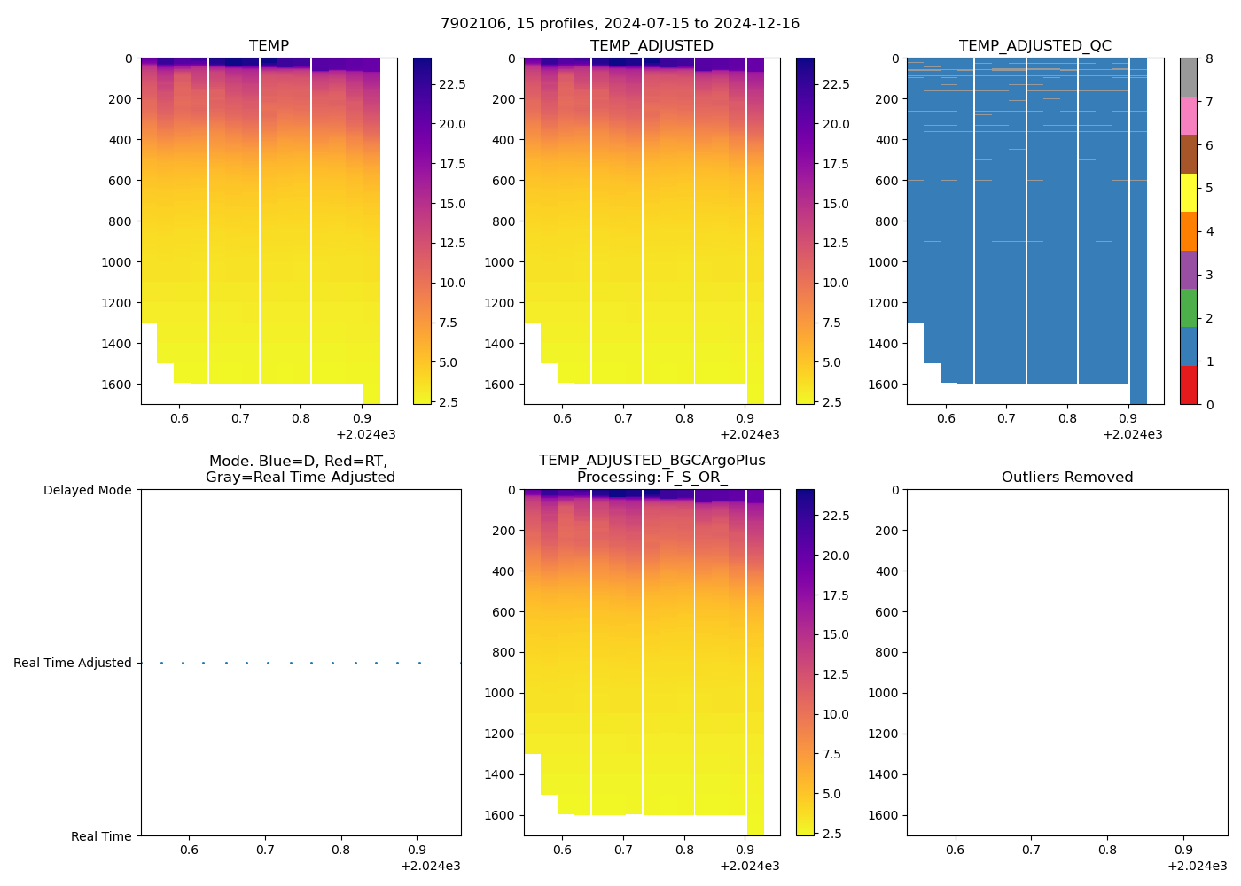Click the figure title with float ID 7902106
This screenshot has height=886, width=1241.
pyautogui.click(x=620, y=24)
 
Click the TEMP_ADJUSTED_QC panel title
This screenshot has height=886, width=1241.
pyautogui.click(x=1034, y=46)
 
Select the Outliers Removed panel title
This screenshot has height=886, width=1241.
pyautogui.click(x=1066, y=478)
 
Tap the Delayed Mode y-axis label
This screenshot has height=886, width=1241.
pyautogui.click(x=87, y=490)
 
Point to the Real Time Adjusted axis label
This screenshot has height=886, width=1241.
pyautogui.click(x=72, y=663)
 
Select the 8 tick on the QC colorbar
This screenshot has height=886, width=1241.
pyautogui.click(x=1209, y=58)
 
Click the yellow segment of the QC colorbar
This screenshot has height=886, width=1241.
pyautogui.click(x=1188, y=192)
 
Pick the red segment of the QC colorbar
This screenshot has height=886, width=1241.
pyautogui.click(x=1188, y=385)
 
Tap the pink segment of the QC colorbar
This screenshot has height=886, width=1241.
pyautogui.click(x=1188, y=115)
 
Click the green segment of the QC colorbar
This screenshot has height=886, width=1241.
pyautogui.click(x=1188, y=307)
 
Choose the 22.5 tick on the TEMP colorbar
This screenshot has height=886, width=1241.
pyautogui.click(x=452, y=84)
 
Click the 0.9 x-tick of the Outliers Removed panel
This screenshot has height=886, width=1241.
pyautogui.click(x=1183, y=850)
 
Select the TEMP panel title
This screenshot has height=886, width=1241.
pyautogui.click(x=269, y=46)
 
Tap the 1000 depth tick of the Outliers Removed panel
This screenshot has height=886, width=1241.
pyautogui.click(x=884, y=693)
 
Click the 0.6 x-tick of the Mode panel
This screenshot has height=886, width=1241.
pyautogui.click(x=189, y=850)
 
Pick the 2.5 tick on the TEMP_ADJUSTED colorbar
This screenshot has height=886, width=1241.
pyautogui.click(x=835, y=402)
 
